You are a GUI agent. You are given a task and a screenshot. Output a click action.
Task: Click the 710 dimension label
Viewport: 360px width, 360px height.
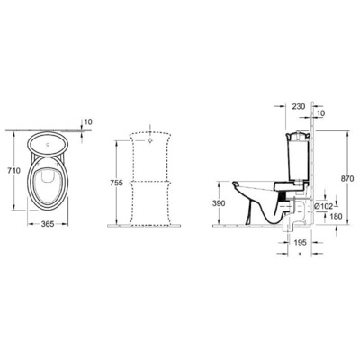pyautogui.click(x=11, y=171)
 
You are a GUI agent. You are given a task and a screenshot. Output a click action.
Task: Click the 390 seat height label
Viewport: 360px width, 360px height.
pyautogui.click(x=219, y=203)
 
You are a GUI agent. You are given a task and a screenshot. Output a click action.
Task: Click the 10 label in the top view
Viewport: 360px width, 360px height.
pyautogui.click(x=87, y=122)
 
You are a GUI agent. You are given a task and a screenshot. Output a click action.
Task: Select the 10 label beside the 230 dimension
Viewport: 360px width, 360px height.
pyautogui.click(x=321, y=115)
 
